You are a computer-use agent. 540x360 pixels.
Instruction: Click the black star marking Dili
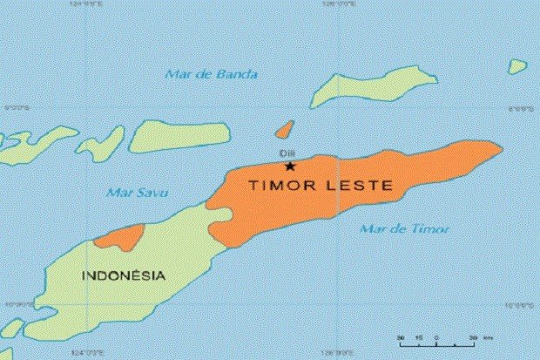click(x=290, y=166)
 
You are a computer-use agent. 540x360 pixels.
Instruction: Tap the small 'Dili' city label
click(x=287, y=154)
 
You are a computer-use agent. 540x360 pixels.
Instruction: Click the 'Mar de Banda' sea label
click(x=211, y=74)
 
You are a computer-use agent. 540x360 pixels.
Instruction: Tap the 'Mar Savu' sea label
click(x=137, y=192)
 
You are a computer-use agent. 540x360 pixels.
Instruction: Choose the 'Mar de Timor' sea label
click(x=404, y=229)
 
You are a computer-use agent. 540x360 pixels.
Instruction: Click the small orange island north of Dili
click(x=283, y=130)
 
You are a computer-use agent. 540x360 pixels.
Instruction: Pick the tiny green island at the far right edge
click(x=517, y=65)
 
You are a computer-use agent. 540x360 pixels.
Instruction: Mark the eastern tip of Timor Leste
click(x=499, y=146)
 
